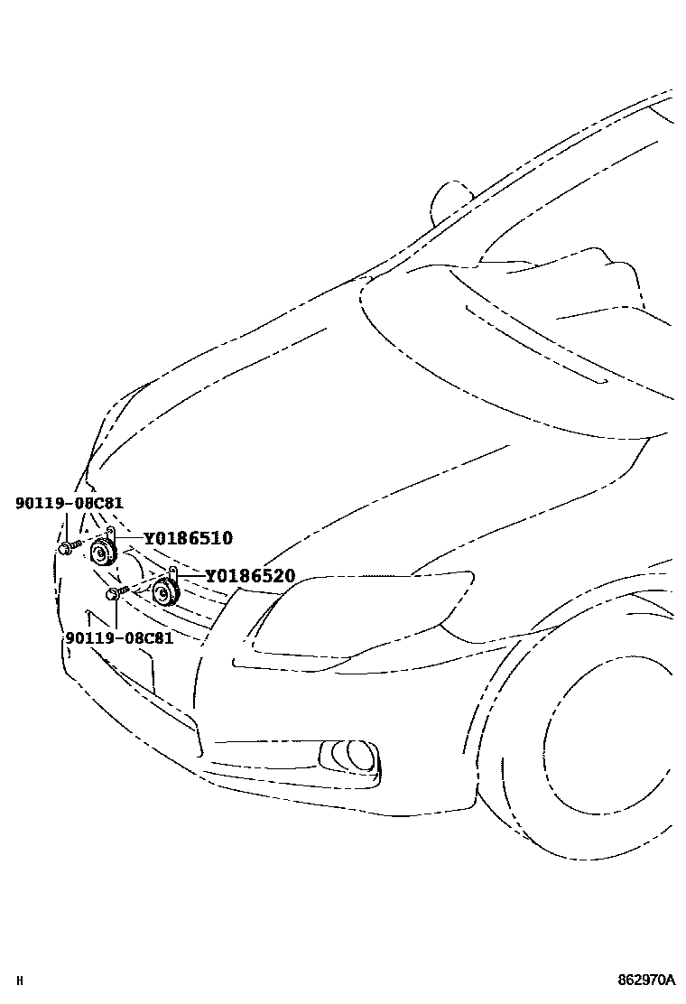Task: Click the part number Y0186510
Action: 188,539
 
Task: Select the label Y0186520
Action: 250,576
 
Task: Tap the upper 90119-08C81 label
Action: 70,503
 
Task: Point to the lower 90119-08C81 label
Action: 119,637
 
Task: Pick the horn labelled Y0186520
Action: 165,591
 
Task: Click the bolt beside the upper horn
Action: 68,547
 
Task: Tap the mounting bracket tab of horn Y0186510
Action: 110,533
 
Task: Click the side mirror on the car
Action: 449,200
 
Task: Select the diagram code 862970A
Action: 646,979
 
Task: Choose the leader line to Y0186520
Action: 190,575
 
